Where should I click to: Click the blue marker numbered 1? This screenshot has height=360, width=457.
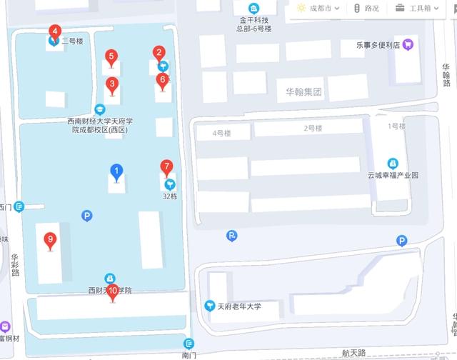[x=116, y=171]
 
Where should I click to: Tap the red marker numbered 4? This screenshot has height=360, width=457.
[x=55, y=32]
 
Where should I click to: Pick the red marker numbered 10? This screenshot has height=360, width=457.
[x=112, y=291]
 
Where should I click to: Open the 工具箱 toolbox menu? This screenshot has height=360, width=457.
[x=414, y=9]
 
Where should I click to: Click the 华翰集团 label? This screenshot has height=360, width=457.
[x=303, y=92]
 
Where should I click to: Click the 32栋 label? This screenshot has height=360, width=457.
[x=169, y=196]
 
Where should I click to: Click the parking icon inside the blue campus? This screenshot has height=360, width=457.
[x=87, y=215]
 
